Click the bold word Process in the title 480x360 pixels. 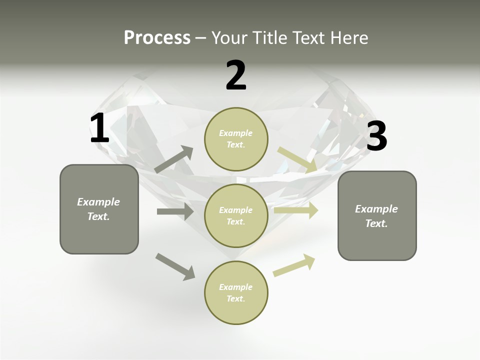click(x=157, y=38)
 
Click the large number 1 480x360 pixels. click(x=99, y=128)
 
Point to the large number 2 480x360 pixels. click(x=236, y=76)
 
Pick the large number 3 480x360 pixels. click(x=376, y=136)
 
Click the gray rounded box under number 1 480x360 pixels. click(x=99, y=209)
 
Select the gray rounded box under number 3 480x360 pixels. click(x=377, y=215)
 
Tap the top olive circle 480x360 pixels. click(x=236, y=139)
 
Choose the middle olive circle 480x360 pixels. click(x=236, y=215)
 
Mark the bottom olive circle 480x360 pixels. click(x=236, y=292)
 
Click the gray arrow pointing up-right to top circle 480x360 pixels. click(x=174, y=159)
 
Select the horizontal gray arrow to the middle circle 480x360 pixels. click(x=175, y=211)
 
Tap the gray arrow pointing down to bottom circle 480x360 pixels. click(x=175, y=266)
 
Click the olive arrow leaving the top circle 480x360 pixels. click(x=297, y=159)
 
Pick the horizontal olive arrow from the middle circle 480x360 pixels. click(x=296, y=210)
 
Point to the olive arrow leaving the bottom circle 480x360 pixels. click(x=294, y=265)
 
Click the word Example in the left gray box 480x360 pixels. click(x=98, y=202)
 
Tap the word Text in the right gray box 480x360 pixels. click(x=376, y=223)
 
